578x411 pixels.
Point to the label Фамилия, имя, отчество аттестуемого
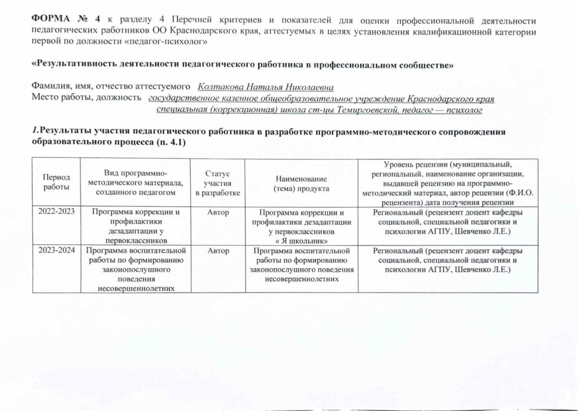click(x=110, y=87)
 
